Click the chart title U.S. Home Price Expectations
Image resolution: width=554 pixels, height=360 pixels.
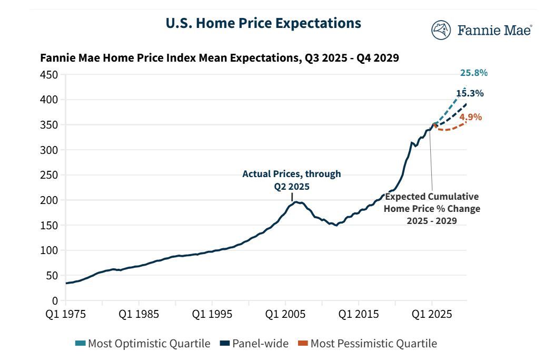pos(263,24)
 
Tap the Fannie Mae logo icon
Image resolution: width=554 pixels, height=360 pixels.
pos(441,30)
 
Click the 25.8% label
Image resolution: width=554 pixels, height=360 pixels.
pos(473,73)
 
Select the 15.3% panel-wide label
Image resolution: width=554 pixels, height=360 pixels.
pos(470,93)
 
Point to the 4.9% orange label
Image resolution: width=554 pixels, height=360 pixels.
pos(470,117)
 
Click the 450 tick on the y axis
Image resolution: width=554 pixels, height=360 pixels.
pos(49,75)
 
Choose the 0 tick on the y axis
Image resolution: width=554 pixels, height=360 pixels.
pos(55,300)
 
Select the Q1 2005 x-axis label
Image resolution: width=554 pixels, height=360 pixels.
pos(285,314)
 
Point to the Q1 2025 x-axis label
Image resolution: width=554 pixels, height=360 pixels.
pos(432,314)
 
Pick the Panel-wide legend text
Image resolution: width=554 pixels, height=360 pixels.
pos(260,344)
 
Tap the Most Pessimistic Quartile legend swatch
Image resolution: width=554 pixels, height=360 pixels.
pos(302,344)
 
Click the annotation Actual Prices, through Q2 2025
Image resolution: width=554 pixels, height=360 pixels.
pos(291,179)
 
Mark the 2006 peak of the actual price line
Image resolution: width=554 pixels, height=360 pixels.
pos(296,202)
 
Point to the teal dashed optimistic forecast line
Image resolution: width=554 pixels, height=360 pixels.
pos(453,102)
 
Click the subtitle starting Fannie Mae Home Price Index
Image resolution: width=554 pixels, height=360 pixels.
pos(220,58)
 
